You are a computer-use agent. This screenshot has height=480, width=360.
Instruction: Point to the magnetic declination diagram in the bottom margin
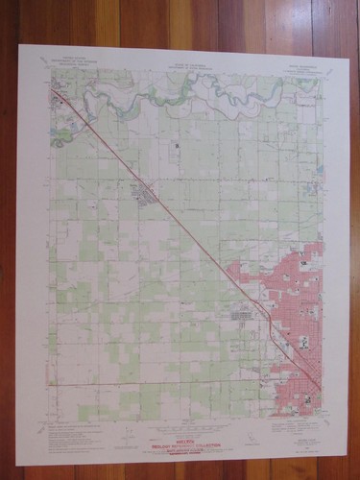tap(115, 429)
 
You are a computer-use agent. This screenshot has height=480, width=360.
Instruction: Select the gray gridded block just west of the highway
tap(241, 312)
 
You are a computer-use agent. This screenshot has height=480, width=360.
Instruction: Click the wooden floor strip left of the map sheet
tap(8, 240)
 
